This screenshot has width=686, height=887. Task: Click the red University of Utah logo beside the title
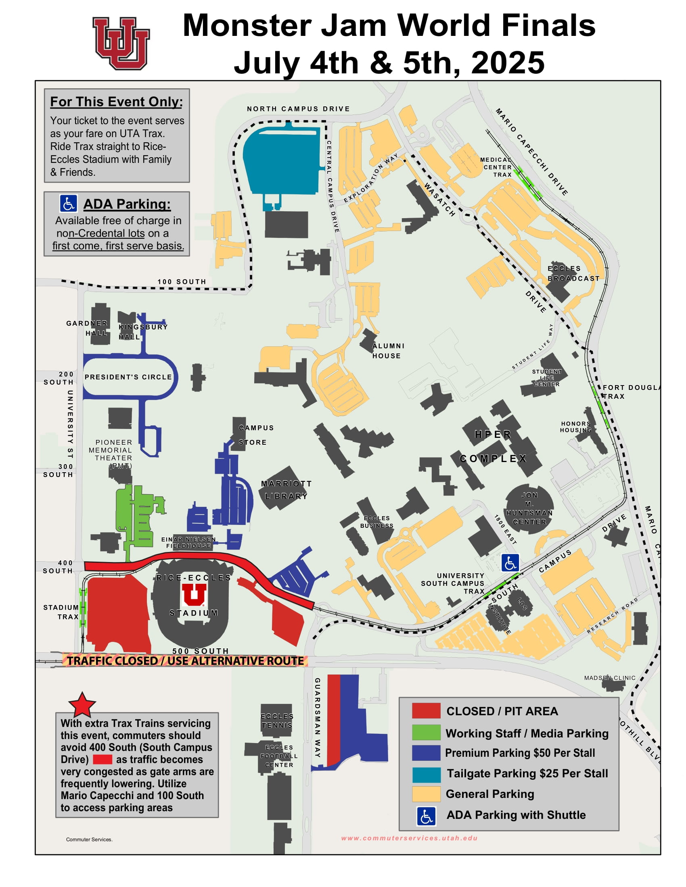pyautogui.click(x=121, y=43)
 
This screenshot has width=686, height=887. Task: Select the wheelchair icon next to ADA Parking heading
pyautogui.click(x=68, y=204)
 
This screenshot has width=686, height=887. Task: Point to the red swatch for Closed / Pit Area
pyautogui.click(x=426, y=711)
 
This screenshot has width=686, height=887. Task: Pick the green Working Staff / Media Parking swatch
pyautogui.click(x=426, y=732)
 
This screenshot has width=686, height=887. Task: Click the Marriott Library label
pyautogui.click(x=286, y=490)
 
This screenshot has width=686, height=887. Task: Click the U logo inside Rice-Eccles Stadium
pyautogui.click(x=194, y=595)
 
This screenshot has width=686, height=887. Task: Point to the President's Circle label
pyautogui.click(x=128, y=377)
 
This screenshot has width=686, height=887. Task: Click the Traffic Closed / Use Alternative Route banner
pyautogui.click(x=185, y=661)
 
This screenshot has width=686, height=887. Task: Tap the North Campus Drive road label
pyautogui.click(x=298, y=109)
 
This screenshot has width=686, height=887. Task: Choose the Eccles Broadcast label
pyautogui.click(x=573, y=273)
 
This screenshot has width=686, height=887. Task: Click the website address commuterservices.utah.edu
pyautogui.click(x=409, y=838)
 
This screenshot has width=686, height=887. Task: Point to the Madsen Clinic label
pyautogui.click(x=610, y=678)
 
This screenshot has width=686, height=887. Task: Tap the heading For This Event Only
pyautogui.click(x=117, y=102)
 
